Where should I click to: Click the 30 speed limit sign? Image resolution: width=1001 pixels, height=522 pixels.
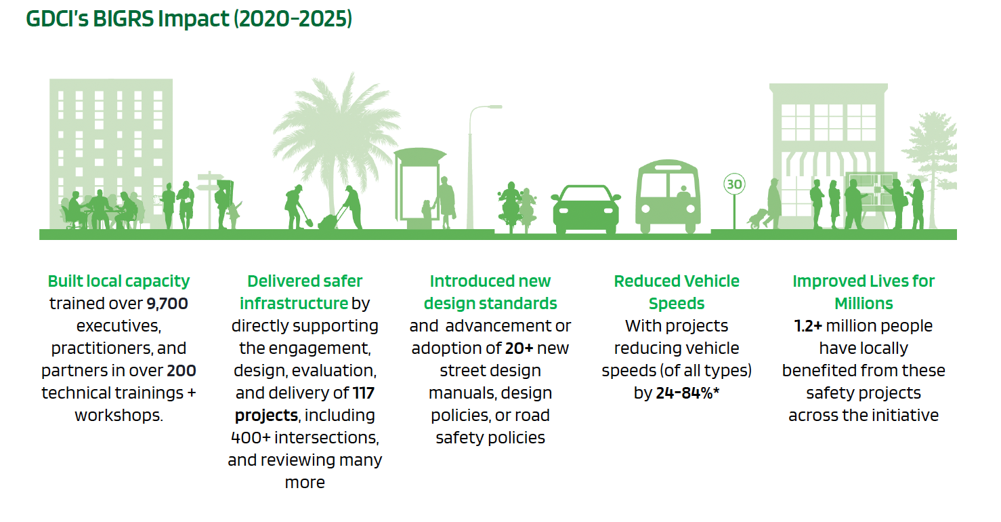[733, 184]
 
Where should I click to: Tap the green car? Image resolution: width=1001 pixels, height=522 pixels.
[585, 209]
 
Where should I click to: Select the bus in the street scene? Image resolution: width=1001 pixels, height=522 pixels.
[668, 197]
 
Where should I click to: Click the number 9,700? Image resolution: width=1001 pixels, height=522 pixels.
[167, 304]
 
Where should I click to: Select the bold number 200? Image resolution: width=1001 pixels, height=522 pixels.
[182, 371]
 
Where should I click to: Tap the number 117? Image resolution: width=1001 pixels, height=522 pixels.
[363, 393]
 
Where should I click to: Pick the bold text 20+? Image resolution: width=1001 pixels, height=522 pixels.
[519, 348]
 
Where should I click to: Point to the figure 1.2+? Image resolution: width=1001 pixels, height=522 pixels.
[808, 326]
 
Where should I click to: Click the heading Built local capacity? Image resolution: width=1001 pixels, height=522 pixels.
[119, 281]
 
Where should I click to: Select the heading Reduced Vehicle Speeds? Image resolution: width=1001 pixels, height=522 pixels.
[677, 292]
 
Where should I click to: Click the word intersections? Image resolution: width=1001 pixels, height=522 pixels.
[326, 438]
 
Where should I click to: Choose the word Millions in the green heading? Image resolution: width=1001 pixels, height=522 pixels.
[864, 304]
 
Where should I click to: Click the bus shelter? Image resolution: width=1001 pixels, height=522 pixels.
[419, 188]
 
